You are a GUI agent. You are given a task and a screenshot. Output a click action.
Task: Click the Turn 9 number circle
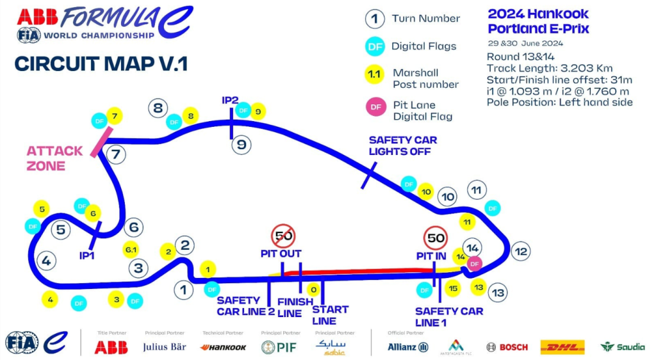click(x=241, y=145)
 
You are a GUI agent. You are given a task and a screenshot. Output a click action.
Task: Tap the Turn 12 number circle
click(x=521, y=252)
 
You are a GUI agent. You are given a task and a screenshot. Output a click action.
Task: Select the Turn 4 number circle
click(x=46, y=260)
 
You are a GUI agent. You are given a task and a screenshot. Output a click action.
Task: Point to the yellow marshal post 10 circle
click(x=425, y=191)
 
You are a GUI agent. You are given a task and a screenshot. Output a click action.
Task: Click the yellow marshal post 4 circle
click(x=51, y=299)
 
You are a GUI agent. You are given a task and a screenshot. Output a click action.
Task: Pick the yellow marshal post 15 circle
click(x=453, y=289)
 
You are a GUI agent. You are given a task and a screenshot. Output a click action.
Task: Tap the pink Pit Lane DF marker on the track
click(x=475, y=263)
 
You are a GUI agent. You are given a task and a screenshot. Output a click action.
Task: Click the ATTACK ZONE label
click(x=54, y=158)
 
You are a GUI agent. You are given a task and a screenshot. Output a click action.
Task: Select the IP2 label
click(x=230, y=101)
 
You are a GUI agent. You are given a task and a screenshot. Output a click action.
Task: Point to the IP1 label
click(x=87, y=255)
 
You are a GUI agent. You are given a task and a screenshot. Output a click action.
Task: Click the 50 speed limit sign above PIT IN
click(x=436, y=238)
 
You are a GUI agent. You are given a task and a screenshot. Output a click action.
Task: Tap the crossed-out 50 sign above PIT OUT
click(x=283, y=236)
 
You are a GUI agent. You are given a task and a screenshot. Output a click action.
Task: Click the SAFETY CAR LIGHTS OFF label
click(x=402, y=146)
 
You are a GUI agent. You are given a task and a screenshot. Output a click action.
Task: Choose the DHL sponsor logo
click(x=562, y=347)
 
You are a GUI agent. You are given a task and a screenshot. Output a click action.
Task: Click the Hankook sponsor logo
click(x=223, y=347)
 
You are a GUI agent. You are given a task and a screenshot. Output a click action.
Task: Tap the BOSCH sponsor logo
click(x=507, y=347)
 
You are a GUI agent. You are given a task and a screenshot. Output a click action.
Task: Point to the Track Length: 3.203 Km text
click(x=549, y=69)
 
